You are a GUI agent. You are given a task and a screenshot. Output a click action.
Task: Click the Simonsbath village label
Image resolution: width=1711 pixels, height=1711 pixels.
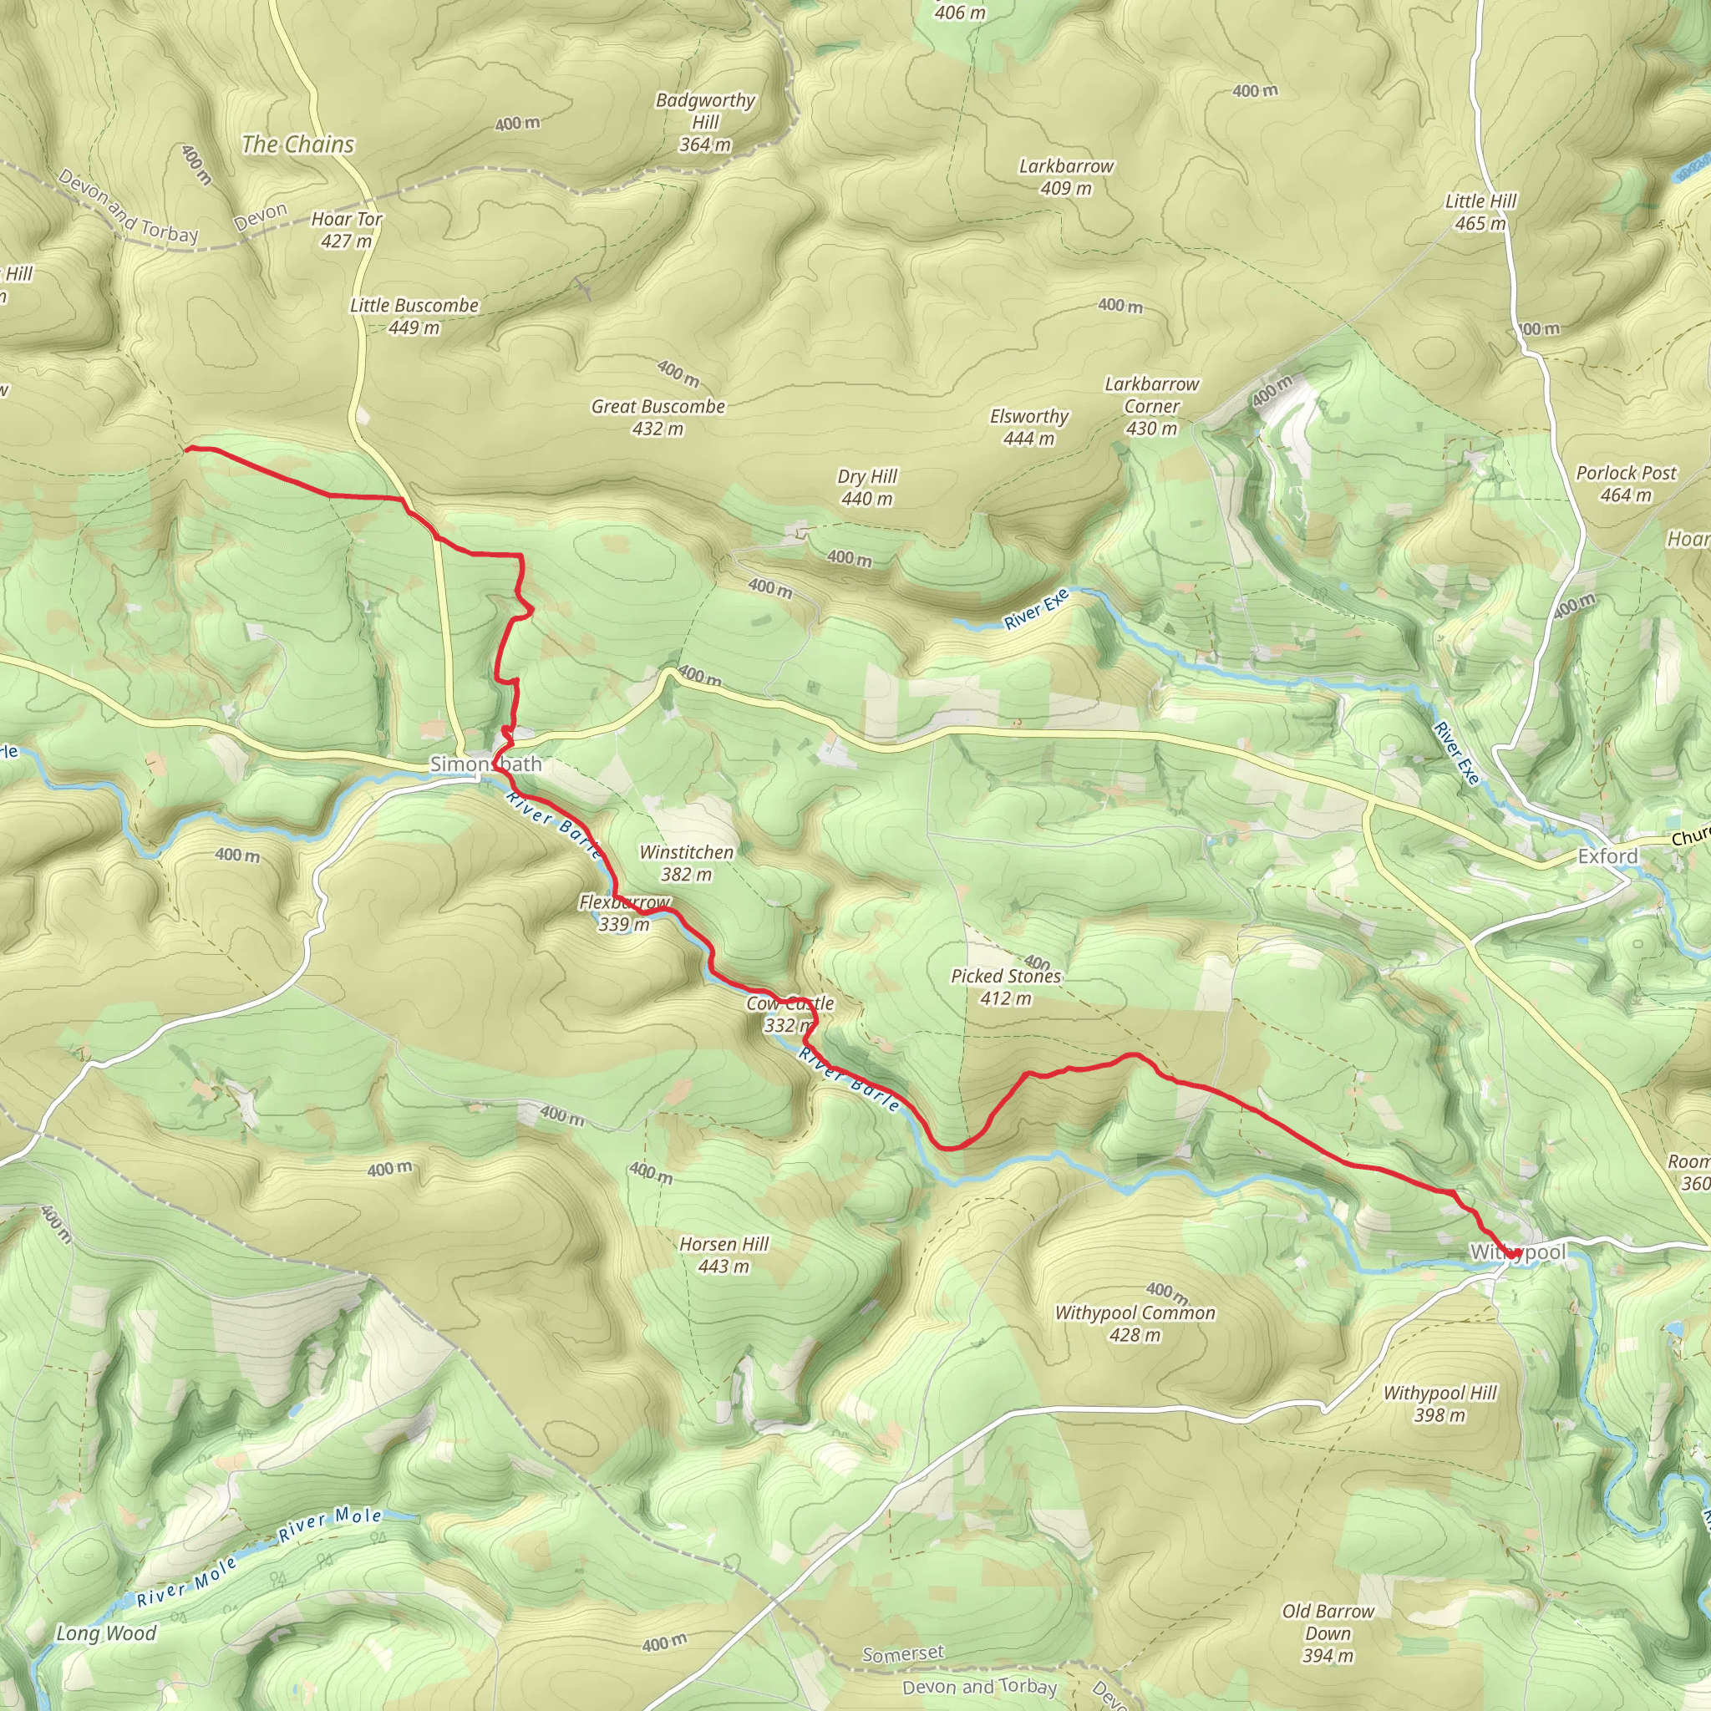485,764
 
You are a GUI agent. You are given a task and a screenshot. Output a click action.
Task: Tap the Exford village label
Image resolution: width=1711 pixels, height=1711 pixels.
1607,856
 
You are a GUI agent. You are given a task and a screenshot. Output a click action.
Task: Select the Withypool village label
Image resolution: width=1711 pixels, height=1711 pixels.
1517,1252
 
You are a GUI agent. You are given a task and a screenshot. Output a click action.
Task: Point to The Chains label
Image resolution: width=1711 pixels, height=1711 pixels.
297,145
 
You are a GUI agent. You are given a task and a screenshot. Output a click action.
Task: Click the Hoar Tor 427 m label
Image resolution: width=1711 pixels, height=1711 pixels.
346,230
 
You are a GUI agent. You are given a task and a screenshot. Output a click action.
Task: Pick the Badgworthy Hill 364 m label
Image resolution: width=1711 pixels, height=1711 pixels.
705,122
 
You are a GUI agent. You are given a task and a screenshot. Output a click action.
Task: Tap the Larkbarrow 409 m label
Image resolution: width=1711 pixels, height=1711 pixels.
1066,176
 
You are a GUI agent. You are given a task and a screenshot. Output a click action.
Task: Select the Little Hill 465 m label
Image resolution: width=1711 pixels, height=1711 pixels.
1480,211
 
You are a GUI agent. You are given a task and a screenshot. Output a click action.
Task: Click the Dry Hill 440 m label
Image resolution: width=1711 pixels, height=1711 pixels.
867,487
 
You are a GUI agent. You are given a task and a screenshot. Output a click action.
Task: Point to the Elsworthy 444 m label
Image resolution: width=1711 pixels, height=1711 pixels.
1029,427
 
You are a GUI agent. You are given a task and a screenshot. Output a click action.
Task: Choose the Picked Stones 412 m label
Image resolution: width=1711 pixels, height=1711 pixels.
1005,987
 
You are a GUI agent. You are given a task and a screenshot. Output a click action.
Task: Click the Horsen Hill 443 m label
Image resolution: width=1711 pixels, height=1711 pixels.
723,1255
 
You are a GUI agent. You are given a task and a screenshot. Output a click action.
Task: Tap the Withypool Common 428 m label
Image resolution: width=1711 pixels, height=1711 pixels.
1135,1323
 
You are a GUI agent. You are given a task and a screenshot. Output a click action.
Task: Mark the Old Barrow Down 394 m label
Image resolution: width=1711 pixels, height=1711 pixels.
1328,1633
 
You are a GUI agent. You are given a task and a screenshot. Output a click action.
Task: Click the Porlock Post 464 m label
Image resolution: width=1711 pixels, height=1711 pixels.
1625,484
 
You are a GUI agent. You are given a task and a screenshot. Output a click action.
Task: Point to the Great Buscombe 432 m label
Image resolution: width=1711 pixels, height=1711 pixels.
658,417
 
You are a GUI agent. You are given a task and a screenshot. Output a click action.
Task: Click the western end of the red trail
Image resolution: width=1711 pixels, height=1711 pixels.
187,449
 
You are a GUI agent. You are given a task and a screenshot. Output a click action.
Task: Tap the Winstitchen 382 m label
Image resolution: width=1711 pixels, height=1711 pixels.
687,862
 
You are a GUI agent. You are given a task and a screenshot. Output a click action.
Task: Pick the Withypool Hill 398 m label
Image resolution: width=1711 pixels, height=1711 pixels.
1439,1404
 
